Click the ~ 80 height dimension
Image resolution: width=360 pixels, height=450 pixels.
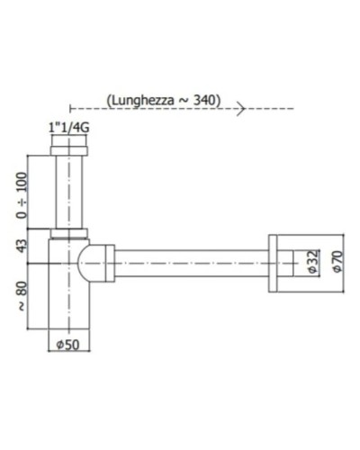click(21, 296)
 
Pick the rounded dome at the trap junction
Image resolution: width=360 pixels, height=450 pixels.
click(86, 262)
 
